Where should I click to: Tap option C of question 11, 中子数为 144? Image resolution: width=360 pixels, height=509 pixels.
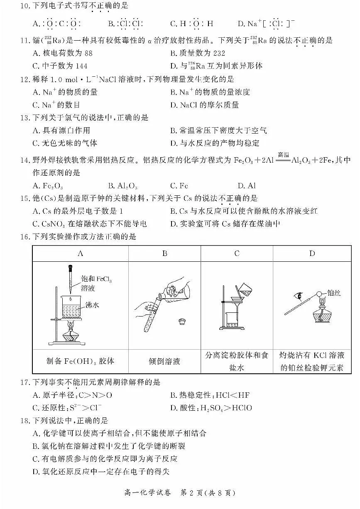[x=60, y=66]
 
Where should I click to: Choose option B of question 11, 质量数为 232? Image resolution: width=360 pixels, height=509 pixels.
[x=198, y=53]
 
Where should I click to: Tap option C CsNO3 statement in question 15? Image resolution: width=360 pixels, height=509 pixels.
[x=90, y=224]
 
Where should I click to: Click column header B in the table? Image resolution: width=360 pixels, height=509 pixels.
[x=164, y=253]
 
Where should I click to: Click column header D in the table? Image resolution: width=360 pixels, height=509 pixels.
[x=312, y=253]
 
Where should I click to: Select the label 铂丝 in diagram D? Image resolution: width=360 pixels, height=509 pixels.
[x=335, y=293]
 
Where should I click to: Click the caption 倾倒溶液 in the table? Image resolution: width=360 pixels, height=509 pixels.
[x=164, y=361]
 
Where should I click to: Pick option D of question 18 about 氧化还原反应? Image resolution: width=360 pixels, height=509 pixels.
[x=101, y=471]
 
